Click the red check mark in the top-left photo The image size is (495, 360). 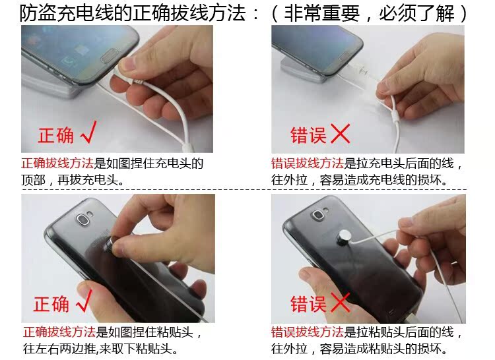[89, 133]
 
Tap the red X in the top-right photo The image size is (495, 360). [340, 134]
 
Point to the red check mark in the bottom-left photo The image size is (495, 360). [84, 301]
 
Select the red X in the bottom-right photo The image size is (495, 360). [340, 303]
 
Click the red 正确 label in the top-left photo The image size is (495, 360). [56, 135]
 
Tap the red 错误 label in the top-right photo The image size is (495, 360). [308, 135]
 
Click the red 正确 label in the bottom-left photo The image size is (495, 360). [51, 303]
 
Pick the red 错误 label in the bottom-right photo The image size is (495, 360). [308, 303]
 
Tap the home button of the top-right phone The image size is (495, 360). [344, 56]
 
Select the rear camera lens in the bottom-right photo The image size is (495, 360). [317, 216]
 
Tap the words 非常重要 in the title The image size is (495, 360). [321, 13]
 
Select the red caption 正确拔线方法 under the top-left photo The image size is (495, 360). [57, 164]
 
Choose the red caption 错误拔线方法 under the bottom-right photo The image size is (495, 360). [307, 332]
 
